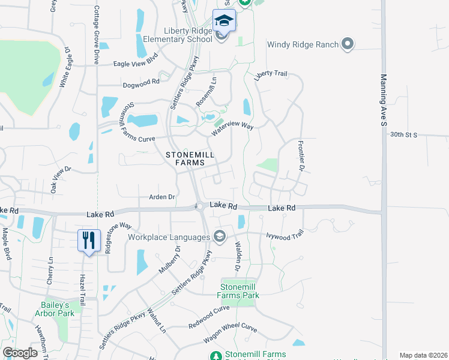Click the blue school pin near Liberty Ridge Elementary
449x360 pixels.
tap(224, 20)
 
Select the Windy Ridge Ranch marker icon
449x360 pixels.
tap(348, 43)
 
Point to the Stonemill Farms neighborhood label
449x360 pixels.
tap(190, 158)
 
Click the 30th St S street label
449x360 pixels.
tap(402, 135)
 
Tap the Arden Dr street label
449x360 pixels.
tap(162, 197)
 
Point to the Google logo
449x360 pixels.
tap(20, 352)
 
